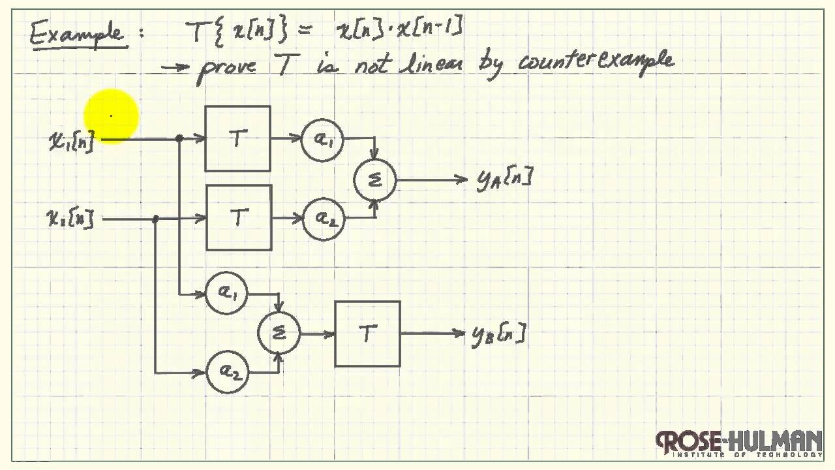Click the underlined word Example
pyautogui.click(x=76, y=32)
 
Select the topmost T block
pyautogui.click(x=237, y=138)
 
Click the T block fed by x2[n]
pyautogui.click(x=239, y=217)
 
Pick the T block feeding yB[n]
pyautogui.click(x=367, y=334)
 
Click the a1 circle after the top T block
pyautogui.click(x=322, y=139)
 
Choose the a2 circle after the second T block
pyautogui.click(x=324, y=218)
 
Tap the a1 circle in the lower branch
pyautogui.click(x=226, y=294)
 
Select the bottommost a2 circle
pyautogui.click(x=227, y=373)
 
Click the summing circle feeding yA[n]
pyautogui.click(x=375, y=181)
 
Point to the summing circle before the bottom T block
pyautogui.click(x=279, y=333)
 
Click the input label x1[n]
pyautogui.click(x=71, y=140)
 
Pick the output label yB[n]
pyautogui.click(x=498, y=335)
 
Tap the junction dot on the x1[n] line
pyautogui.click(x=179, y=138)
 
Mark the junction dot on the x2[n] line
pyautogui.click(x=155, y=219)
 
